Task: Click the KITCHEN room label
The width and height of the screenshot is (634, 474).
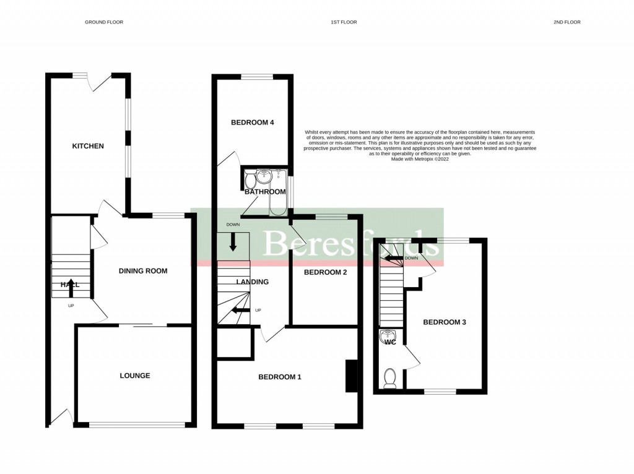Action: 88,147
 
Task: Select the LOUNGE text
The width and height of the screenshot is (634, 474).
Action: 135,376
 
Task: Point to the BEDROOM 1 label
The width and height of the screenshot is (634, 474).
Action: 279,377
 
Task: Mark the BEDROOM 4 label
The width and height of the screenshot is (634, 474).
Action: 252,123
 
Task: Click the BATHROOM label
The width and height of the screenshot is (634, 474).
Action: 265,192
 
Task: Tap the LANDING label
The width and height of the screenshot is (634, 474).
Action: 252,282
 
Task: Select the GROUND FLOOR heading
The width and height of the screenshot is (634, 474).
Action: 104,22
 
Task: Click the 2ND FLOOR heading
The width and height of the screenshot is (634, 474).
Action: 567,22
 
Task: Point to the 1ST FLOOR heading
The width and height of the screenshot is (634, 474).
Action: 344,22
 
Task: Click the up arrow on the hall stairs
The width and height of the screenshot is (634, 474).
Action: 71,285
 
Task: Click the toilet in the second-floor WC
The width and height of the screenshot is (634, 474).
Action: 389,377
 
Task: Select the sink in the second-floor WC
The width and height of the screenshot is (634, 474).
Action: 384,337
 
